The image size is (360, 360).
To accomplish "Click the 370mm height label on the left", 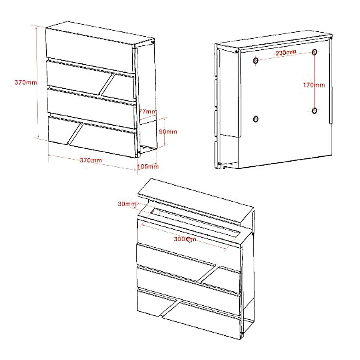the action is pyautogui.click(x=26, y=82).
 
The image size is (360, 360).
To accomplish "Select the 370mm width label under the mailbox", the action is pyautogui.click(x=91, y=160).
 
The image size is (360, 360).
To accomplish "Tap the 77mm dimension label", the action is pyautogui.click(x=148, y=112).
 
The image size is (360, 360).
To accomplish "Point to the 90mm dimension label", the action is pyautogui.click(x=168, y=131).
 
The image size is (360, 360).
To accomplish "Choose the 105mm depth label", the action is pyautogui.click(x=148, y=166).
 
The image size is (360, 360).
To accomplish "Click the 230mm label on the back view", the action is pyautogui.click(x=286, y=53).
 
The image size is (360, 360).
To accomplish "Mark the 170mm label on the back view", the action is pyautogui.click(x=314, y=85).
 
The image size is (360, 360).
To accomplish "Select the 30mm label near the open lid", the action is pyautogui.click(x=127, y=204).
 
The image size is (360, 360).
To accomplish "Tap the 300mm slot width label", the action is pyautogui.click(x=185, y=239).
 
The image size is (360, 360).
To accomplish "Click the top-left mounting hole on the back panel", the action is pyautogui.click(x=256, y=60).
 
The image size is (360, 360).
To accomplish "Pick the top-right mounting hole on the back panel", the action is pyautogui.click(x=314, y=52).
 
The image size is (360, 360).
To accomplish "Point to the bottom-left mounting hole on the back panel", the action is pyautogui.click(x=256, y=119).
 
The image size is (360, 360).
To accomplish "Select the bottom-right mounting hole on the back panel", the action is pyautogui.click(x=315, y=111).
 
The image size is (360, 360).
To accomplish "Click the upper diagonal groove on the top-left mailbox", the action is pyautogui.click(x=107, y=84).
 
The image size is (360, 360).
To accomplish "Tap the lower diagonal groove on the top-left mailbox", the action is pyautogui.click(x=75, y=134).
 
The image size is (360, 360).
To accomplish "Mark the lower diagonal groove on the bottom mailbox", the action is pyautogui.click(x=170, y=309).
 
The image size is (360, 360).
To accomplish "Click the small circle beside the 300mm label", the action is pyautogui.click(x=189, y=240).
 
